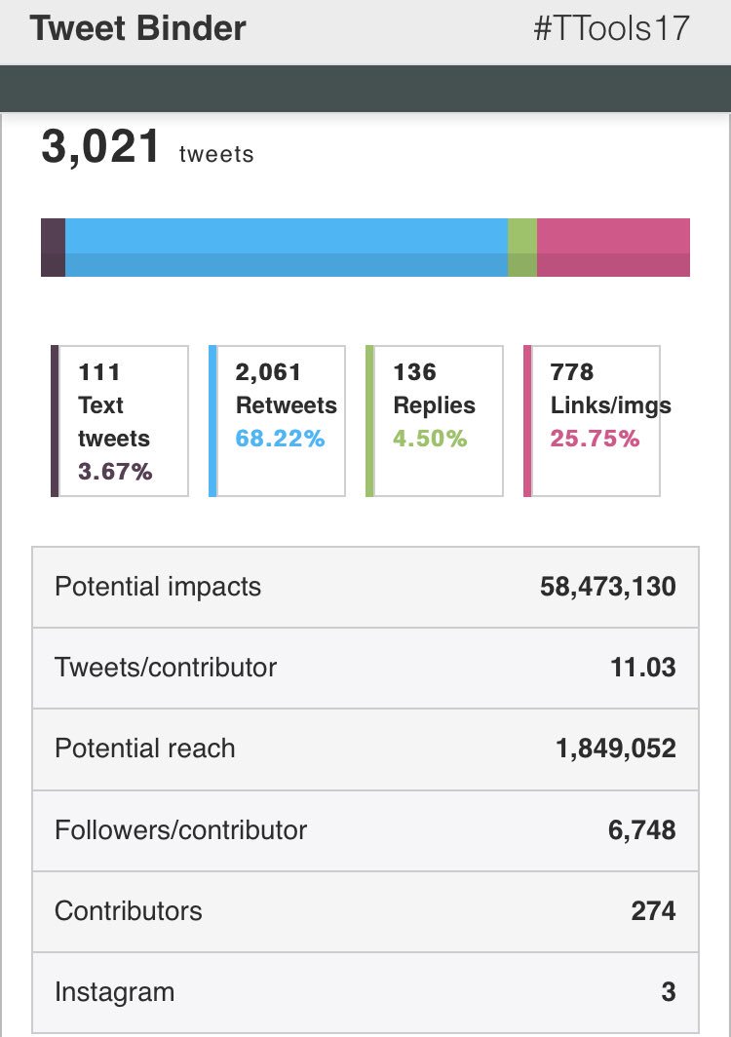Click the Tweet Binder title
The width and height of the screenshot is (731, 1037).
point(137,28)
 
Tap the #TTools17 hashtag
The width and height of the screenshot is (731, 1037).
point(611,28)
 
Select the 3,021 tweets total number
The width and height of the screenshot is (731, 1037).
point(100,148)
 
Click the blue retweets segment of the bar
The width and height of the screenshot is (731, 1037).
point(287,248)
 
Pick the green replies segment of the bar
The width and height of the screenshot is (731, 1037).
point(522,248)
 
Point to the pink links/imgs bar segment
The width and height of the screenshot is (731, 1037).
point(613,248)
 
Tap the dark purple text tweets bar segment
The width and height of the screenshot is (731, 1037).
point(53,248)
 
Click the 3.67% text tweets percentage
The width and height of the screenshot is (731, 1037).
point(115,472)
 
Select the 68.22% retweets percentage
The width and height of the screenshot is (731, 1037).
point(280,439)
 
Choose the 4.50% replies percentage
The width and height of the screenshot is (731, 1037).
point(430,439)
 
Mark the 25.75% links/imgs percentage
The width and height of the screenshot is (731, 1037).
point(595,439)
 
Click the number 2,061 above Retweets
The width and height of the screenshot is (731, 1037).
point(268,372)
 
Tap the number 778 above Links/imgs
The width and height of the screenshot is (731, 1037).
point(571,372)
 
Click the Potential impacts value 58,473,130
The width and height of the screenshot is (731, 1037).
point(607,587)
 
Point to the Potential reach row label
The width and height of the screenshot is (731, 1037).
point(144,749)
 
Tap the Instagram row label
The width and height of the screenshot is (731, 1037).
point(114,992)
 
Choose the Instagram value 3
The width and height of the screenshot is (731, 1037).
point(668,992)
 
